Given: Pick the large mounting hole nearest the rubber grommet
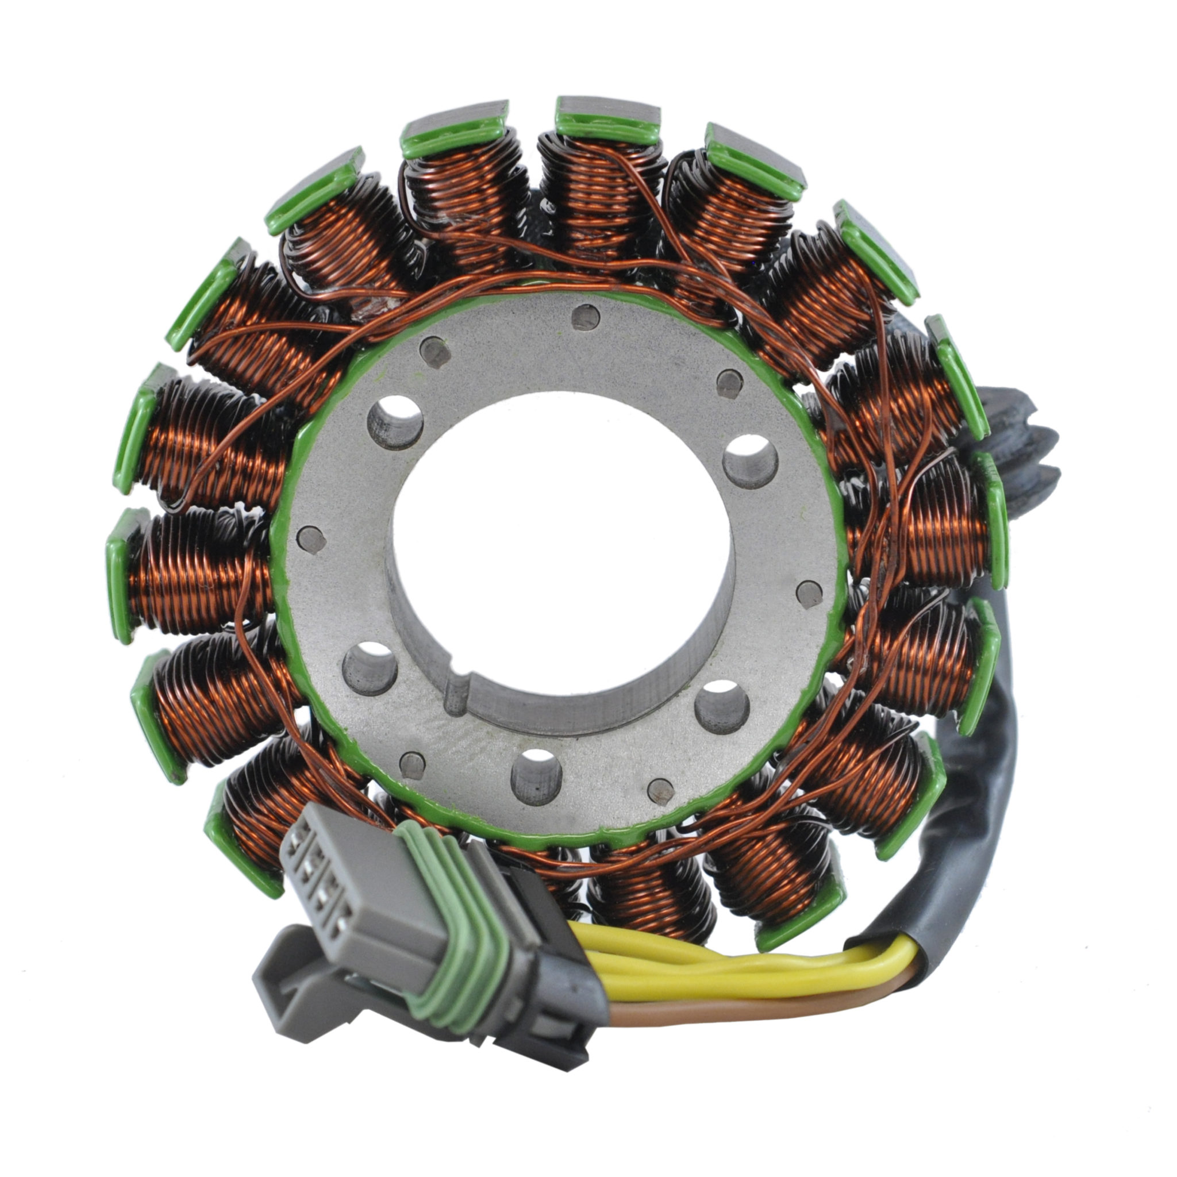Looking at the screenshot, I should click(x=750, y=460).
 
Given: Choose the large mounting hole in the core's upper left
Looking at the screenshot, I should click(x=395, y=422).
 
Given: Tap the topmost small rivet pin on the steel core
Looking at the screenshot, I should click(x=586, y=317).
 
